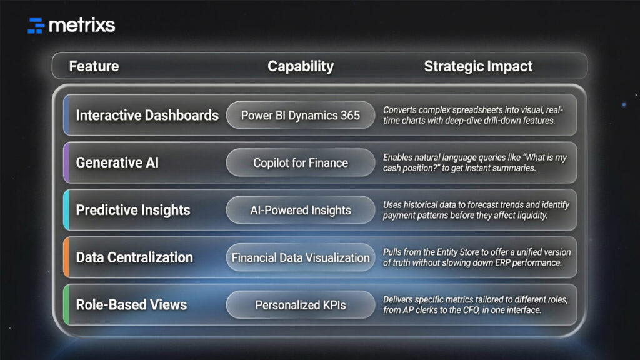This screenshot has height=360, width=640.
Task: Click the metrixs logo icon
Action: (36, 26)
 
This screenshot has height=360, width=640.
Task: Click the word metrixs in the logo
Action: (81, 25)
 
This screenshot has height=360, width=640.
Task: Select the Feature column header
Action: (94, 66)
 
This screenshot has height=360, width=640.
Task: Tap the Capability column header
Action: (301, 66)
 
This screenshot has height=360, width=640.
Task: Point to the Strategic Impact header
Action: (478, 66)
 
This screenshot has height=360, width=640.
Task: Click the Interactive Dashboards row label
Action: (147, 115)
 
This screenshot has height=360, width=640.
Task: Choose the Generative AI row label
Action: (117, 162)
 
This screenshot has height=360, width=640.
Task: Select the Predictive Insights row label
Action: (133, 210)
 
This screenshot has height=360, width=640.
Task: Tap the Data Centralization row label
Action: (134, 257)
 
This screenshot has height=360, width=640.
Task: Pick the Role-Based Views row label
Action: (131, 304)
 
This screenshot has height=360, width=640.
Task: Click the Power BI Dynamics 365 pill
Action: (301, 115)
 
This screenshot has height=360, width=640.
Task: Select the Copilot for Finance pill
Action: (301, 162)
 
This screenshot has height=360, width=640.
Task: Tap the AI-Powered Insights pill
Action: (301, 210)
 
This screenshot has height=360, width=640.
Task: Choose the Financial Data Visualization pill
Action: (301, 257)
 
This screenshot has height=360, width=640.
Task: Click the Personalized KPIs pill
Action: (301, 305)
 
